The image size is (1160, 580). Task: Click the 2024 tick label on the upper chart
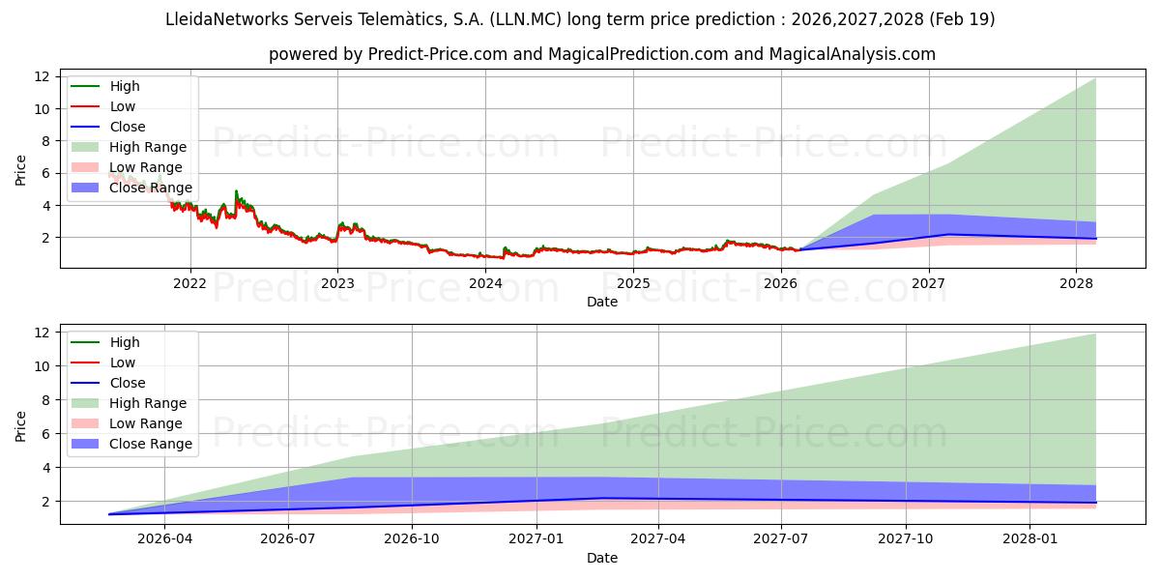485,283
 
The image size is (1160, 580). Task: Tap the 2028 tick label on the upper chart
1077,283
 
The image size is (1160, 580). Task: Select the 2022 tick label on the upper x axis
189,283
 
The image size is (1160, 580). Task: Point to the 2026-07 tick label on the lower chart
288,539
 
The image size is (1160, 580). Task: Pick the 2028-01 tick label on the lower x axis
1030,539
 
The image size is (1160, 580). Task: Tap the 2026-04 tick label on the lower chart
164,539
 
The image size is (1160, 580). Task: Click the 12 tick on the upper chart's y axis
42,76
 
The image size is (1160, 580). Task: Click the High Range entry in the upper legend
148,147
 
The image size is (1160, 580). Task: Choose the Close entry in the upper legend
128,127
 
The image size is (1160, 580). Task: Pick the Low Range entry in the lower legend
146,423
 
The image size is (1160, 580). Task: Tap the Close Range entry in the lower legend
151,444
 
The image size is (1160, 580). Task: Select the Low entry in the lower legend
123,362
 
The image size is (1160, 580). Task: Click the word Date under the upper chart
601,302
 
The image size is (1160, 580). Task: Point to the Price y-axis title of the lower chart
21,425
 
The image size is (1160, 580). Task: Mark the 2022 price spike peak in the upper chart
236,191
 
